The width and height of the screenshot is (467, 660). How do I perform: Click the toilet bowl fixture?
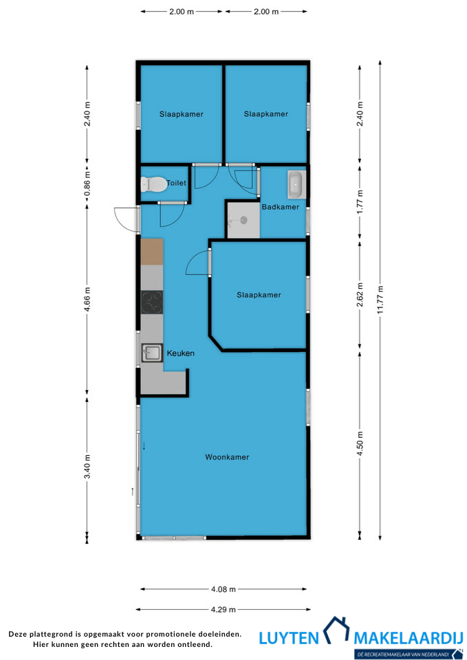click(153, 184)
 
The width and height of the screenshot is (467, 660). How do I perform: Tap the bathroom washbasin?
click(296, 184)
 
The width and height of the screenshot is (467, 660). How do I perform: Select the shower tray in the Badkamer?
click(243, 220)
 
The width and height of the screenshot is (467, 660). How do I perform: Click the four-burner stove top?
click(152, 302)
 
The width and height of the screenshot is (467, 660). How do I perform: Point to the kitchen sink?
click(152, 353)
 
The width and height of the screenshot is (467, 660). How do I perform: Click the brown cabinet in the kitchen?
click(152, 252)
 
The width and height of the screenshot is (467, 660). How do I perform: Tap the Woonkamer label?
click(227, 457)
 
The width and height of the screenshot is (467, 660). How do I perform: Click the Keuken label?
click(181, 353)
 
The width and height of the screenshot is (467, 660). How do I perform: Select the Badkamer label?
click(281, 207)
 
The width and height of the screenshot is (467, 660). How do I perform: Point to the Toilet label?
click(177, 183)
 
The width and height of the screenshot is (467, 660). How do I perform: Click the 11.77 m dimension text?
click(380, 300)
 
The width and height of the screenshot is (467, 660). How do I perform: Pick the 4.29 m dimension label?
click(223, 609)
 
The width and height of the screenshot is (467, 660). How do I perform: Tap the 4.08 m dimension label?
click(223, 589)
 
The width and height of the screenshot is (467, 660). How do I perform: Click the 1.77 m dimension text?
click(360, 202)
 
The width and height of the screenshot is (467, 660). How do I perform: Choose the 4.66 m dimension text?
click(87, 300)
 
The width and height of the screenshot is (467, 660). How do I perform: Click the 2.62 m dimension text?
click(360, 296)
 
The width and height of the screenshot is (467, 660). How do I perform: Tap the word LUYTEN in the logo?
click(289, 638)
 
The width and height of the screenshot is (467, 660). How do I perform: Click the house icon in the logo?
click(336, 630)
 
